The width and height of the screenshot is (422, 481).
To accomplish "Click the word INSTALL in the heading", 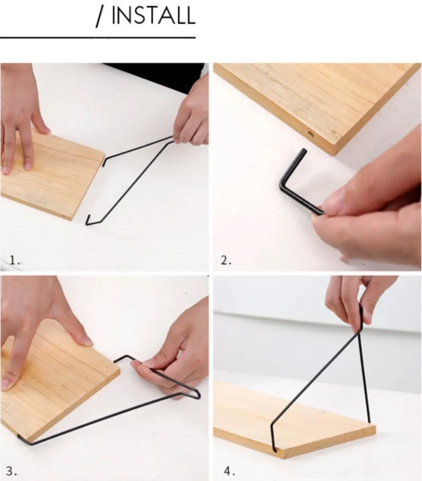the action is [153, 15].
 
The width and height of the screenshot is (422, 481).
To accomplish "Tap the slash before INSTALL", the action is [100, 17].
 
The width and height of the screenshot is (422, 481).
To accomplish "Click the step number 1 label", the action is [14, 261].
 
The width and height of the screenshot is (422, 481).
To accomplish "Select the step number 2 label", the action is [226, 261].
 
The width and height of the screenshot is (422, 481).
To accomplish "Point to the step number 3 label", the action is [12, 471].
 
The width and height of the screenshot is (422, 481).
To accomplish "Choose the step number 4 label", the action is [229, 471].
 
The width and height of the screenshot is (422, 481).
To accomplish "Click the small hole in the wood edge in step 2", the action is [311, 134].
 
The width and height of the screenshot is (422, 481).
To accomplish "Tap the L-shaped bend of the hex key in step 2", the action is [282, 185].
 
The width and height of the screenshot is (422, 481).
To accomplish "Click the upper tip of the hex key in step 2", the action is [304, 151].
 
